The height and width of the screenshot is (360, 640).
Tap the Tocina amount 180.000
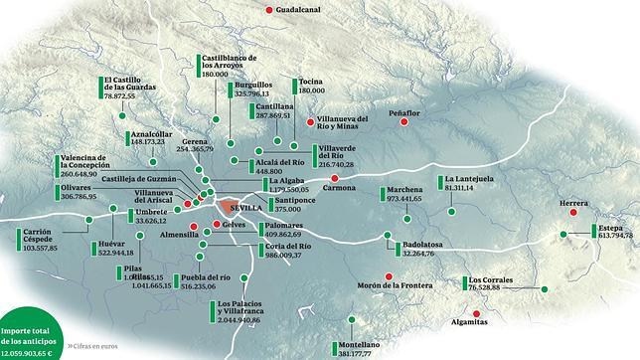point(312,91)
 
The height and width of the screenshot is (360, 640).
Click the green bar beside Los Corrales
point(463,283)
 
